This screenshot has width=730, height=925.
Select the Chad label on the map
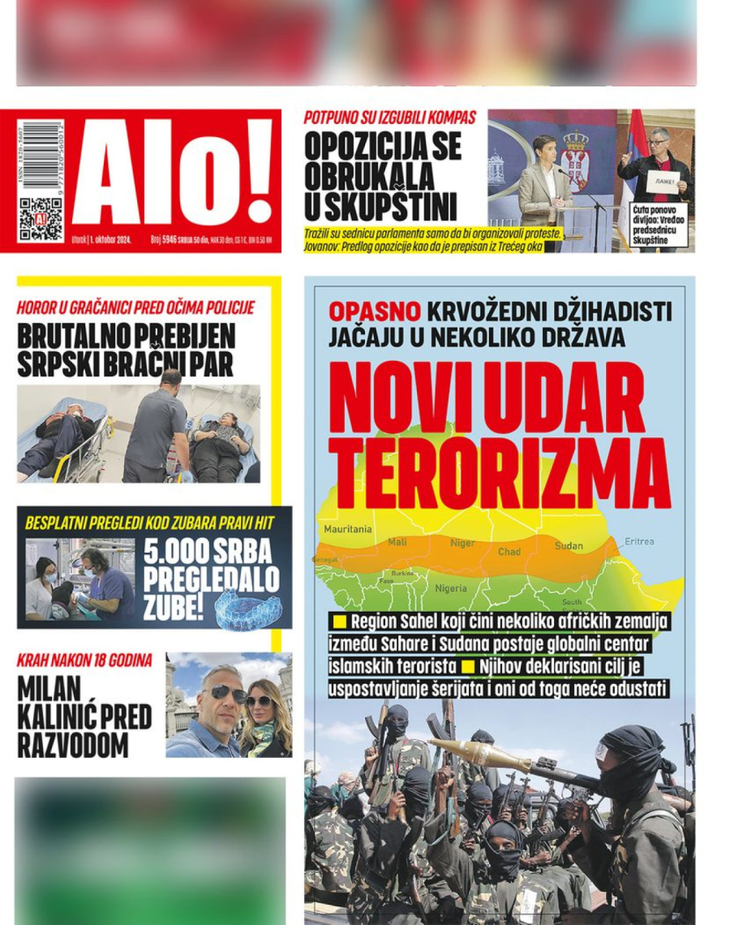(x=509, y=552)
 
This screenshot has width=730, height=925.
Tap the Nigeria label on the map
(x=451, y=588)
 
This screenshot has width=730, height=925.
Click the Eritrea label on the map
(x=639, y=541)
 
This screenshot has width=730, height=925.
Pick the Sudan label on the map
(x=569, y=546)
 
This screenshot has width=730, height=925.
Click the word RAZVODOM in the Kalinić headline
(x=72, y=744)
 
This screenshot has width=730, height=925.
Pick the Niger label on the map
(x=462, y=543)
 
